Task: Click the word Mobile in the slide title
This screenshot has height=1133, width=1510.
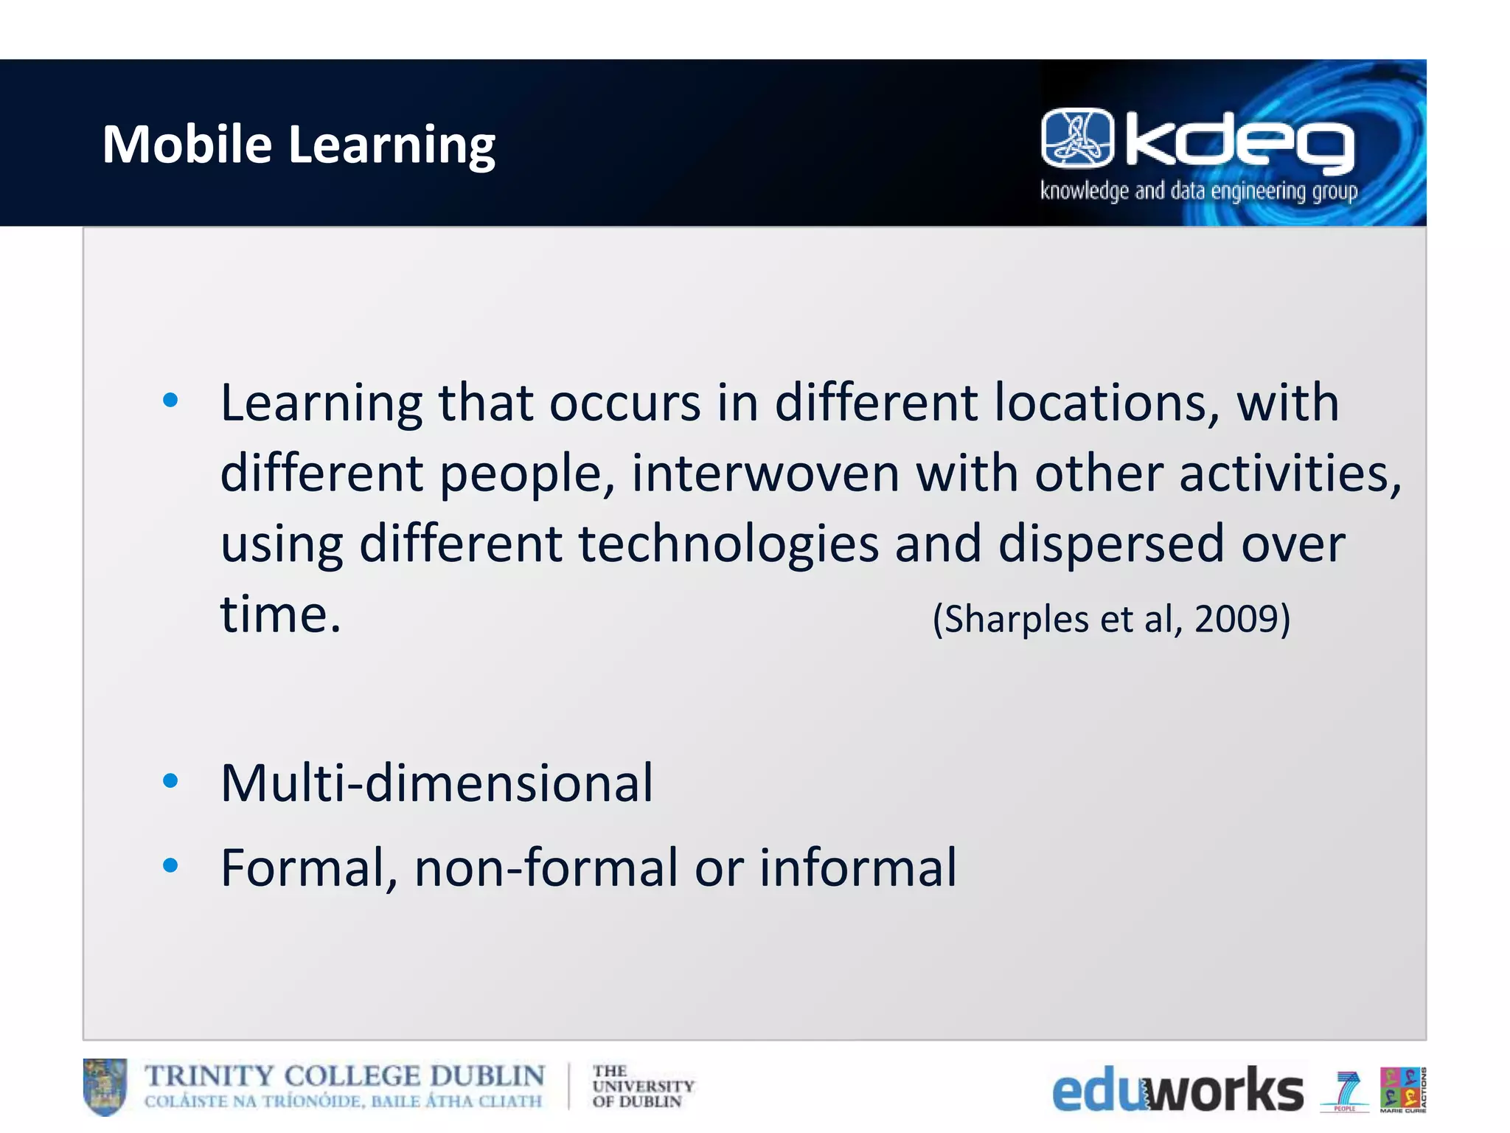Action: pyautogui.click(x=187, y=144)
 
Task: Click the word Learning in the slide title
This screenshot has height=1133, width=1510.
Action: pyautogui.click(x=392, y=145)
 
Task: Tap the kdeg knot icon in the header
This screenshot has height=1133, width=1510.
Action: pyautogui.click(x=1077, y=138)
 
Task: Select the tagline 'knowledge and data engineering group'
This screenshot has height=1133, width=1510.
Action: pyautogui.click(x=1199, y=191)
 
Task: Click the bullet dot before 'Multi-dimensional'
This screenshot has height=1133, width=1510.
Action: pyautogui.click(x=170, y=780)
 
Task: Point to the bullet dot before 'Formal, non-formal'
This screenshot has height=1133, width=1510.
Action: pyautogui.click(x=170, y=865)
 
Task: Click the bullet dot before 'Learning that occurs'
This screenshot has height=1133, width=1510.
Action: pyautogui.click(x=170, y=401)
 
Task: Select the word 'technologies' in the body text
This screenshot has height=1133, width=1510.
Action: pyautogui.click(x=728, y=544)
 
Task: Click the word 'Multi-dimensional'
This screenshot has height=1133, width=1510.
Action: pyautogui.click(x=436, y=783)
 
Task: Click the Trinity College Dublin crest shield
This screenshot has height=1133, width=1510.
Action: pyautogui.click(x=105, y=1087)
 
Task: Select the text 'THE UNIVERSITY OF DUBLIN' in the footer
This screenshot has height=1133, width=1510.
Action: pyautogui.click(x=642, y=1087)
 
